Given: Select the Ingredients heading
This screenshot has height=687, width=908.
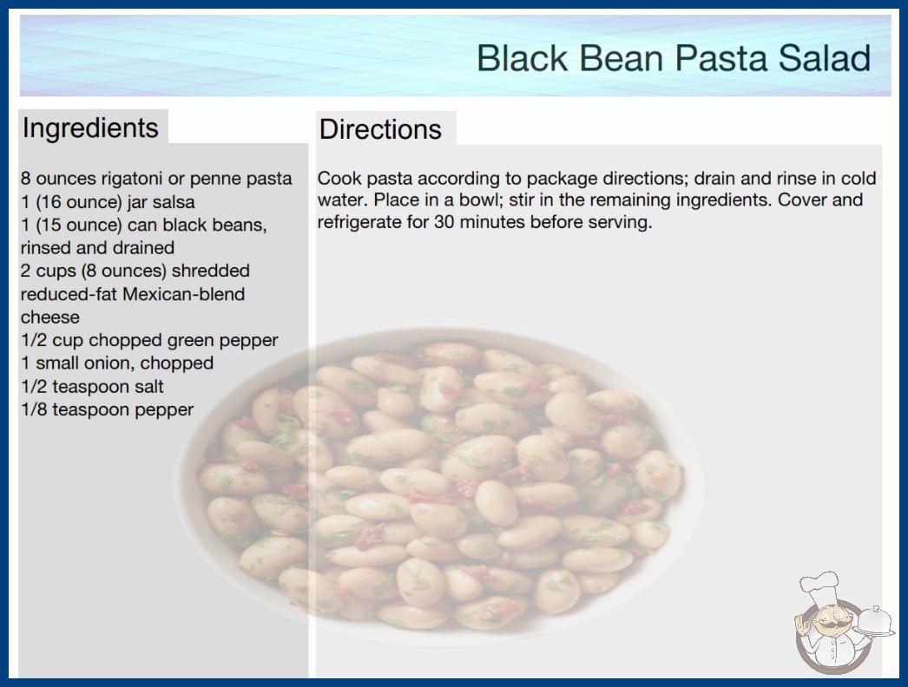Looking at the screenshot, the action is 90,128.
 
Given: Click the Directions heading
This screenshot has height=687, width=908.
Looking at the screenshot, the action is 380,129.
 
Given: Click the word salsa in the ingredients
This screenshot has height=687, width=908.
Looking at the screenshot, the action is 174,202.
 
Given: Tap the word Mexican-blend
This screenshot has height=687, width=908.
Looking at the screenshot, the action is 183,294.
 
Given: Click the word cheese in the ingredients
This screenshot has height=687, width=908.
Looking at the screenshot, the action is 49,317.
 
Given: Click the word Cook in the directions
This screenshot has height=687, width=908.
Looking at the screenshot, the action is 339,179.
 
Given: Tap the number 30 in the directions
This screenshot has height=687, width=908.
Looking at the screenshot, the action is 444,222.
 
